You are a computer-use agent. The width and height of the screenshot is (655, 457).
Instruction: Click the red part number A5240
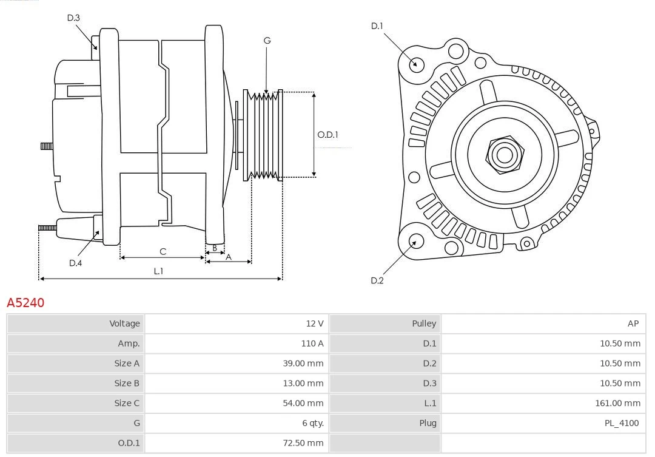25,302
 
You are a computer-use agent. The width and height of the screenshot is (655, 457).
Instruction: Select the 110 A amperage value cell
312,344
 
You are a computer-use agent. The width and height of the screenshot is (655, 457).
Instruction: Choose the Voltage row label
124,323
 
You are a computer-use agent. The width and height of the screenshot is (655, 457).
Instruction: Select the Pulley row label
424,323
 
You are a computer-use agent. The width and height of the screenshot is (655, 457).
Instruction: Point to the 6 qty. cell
312,423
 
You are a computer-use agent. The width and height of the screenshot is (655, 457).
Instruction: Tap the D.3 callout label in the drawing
73,18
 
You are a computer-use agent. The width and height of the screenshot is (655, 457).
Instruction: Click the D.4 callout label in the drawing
75,263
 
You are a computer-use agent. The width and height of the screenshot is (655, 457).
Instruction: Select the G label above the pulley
267,41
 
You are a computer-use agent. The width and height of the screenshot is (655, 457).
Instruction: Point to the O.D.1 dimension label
327,135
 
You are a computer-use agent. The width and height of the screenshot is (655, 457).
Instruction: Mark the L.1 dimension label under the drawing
158,271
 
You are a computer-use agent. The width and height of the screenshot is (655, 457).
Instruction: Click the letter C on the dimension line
163,251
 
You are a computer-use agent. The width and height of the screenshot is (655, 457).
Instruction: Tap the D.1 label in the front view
377,26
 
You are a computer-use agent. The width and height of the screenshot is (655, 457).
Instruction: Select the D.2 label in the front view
377,280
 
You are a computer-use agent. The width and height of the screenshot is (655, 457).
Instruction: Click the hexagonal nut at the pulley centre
505,155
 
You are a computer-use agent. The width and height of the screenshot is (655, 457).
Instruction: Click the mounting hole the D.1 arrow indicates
417,64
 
